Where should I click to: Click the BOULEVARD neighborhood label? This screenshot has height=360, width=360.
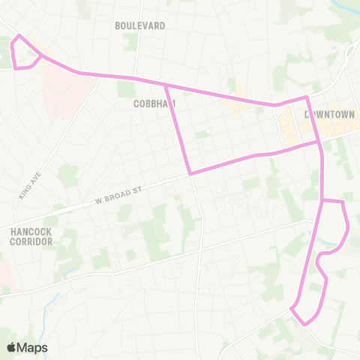click(x=139, y=25)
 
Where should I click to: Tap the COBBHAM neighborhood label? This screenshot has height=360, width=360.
click(x=154, y=103)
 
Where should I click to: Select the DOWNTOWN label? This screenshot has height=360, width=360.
click(x=329, y=115)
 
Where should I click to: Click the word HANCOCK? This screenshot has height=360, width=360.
click(x=31, y=232)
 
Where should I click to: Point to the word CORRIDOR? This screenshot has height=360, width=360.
click(x=31, y=242)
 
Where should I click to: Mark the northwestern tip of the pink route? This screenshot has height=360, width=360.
click(x=19, y=35)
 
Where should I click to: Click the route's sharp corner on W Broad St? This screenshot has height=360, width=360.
click(x=190, y=174)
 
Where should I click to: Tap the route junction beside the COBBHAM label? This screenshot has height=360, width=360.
click(x=165, y=85)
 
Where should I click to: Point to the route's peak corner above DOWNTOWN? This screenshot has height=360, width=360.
click(x=307, y=97)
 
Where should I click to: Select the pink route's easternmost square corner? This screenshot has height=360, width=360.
click(x=343, y=202)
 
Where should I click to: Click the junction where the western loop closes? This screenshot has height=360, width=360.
click(x=40, y=55)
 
